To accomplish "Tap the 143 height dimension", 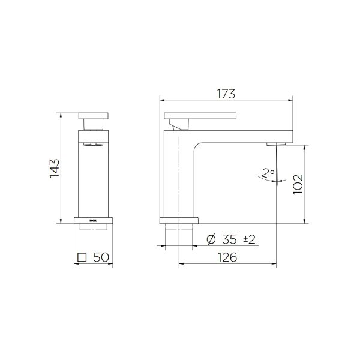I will coord(54,168).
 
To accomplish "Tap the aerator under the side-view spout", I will coord(274,145).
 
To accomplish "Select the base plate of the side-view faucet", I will coord(179,219).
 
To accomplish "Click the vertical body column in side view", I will coord(172,174).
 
